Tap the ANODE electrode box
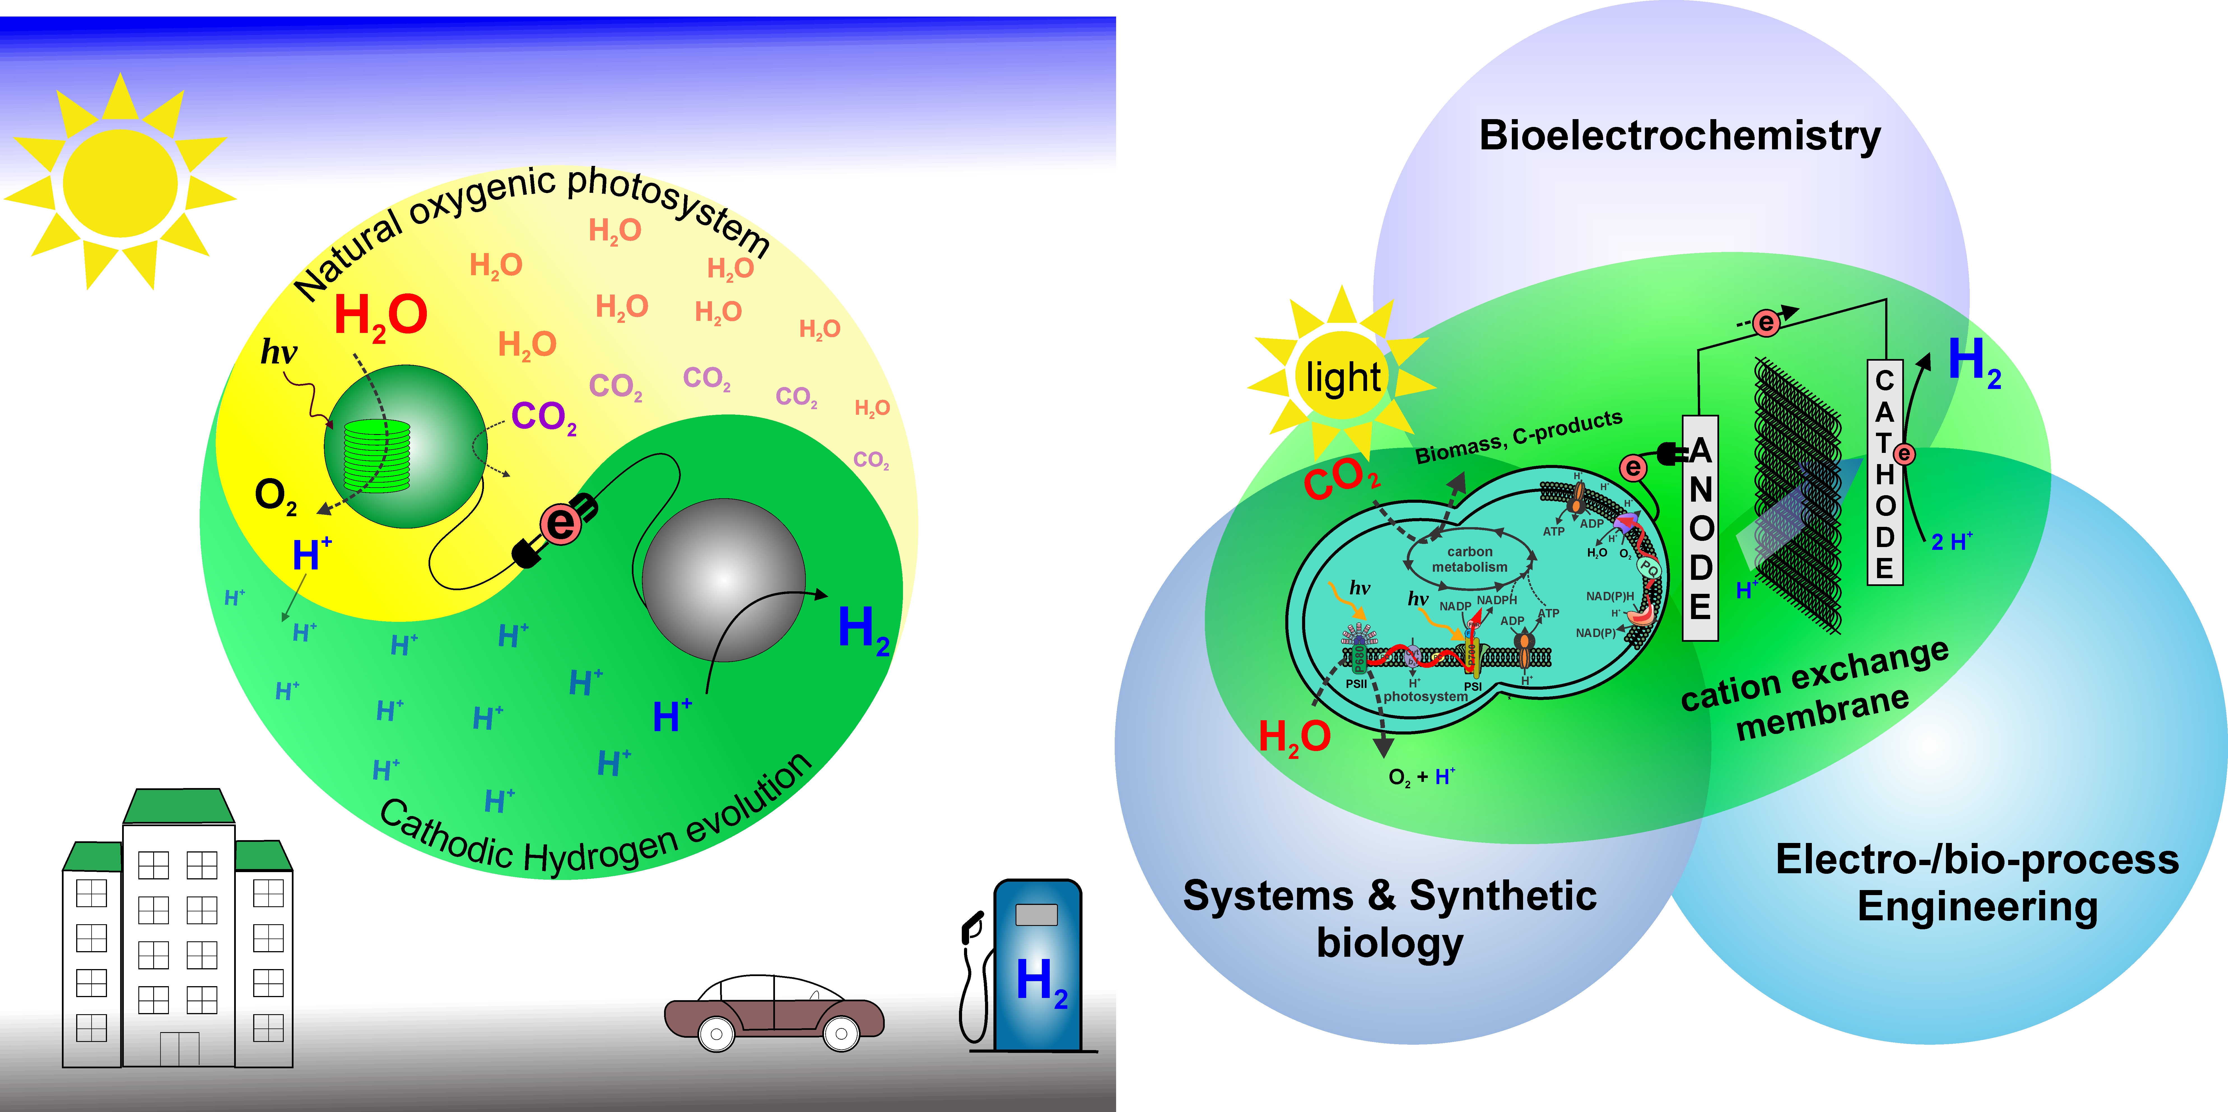tap(1699, 528)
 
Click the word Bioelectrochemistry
tap(1680, 136)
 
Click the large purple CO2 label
tap(543, 417)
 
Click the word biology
tap(1390, 943)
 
